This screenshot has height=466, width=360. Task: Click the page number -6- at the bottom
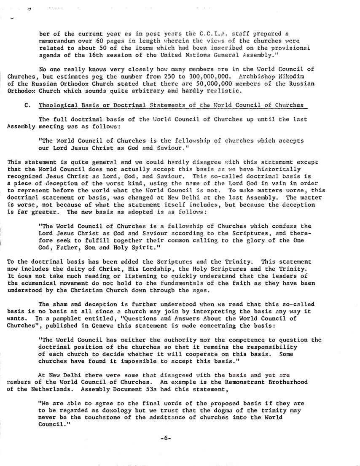[x=165, y=438]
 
